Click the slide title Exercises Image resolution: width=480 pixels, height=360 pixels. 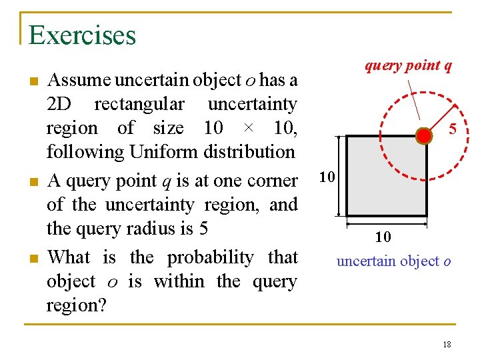point(82,35)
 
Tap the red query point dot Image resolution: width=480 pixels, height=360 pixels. point(424,136)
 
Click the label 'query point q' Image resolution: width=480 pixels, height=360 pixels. point(408,65)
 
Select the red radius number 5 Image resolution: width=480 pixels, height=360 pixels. point(452,129)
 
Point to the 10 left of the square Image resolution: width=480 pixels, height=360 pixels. point(327,177)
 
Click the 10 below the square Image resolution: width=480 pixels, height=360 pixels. point(383,237)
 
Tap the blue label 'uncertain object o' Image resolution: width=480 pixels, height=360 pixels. point(393,261)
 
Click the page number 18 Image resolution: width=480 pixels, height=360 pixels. point(447,344)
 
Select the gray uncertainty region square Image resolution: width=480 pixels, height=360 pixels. point(387,177)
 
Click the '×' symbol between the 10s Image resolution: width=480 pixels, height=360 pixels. point(247,129)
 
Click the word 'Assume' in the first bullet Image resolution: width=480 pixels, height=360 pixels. point(79,80)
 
